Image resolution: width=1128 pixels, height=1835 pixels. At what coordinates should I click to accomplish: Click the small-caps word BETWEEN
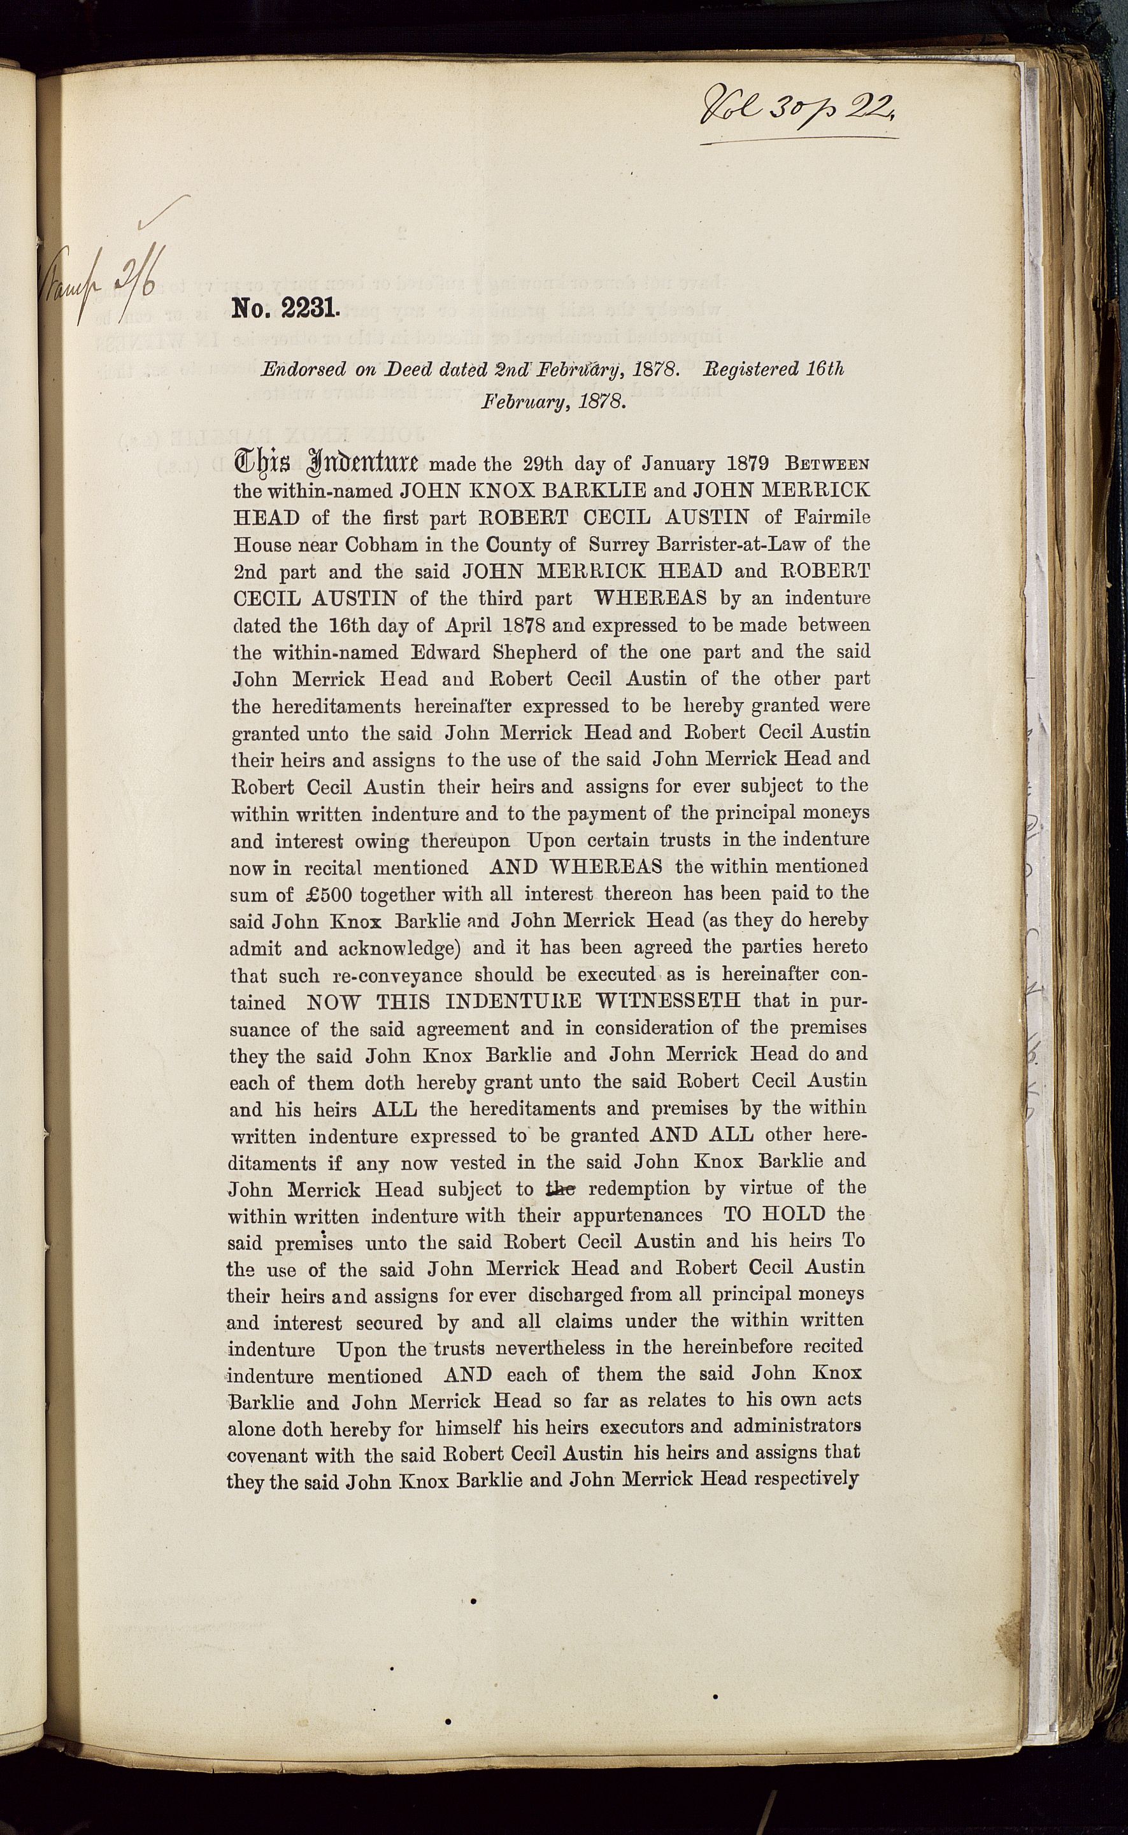point(828,463)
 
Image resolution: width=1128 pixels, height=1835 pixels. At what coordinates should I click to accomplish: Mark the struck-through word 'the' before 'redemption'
point(560,1189)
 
